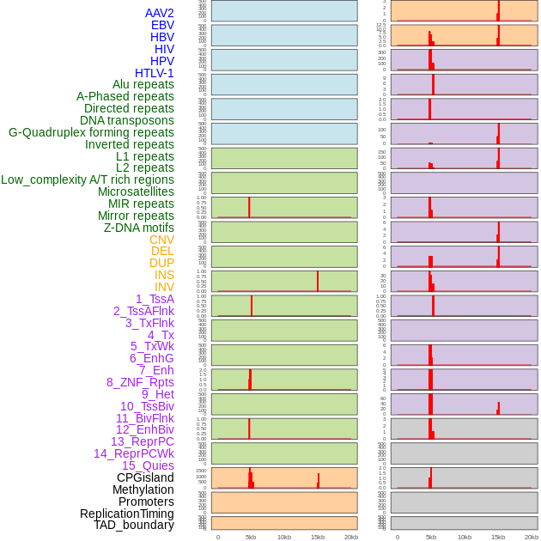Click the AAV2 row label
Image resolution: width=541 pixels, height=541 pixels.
pyautogui.click(x=160, y=13)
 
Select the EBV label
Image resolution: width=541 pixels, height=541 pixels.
pyautogui.click(x=162, y=25)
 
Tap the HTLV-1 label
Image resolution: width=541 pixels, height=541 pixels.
pyautogui.click(x=155, y=73)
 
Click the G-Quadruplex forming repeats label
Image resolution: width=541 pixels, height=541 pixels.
pyautogui.click(x=91, y=132)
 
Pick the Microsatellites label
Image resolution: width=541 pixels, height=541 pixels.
pyautogui.click(x=136, y=191)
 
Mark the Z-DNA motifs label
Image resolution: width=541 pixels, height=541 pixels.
pyautogui.click(x=139, y=228)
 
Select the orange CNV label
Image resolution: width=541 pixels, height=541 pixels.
pyautogui.click(x=161, y=240)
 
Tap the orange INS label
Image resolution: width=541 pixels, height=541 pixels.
pyautogui.click(x=164, y=275)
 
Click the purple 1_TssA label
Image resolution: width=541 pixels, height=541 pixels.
pyautogui.click(x=155, y=299)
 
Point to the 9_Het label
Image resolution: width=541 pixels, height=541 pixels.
pyautogui.click(x=158, y=394)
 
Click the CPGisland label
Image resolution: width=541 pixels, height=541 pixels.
pyautogui.click(x=145, y=477)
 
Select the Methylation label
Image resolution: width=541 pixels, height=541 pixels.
pyautogui.click(x=143, y=489)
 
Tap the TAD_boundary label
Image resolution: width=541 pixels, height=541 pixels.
pyautogui.click(x=134, y=525)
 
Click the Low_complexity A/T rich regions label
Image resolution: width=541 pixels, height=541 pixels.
pyautogui.click(x=88, y=179)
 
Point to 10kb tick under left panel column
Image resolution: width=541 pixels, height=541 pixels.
pyautogui.click(x=284, y=537)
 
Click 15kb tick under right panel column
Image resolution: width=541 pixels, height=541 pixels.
pyautogui.click(x=498, y=537)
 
